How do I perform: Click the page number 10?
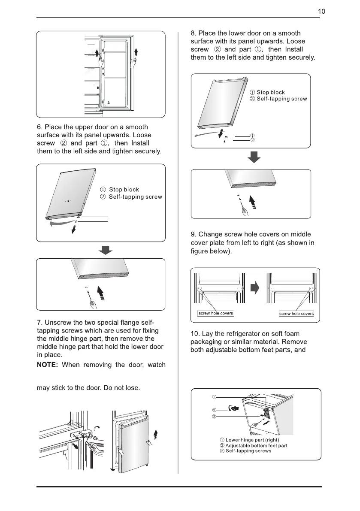tap(321, 12)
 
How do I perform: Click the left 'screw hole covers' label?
tap(215, 313)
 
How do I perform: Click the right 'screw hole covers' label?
tap(296, 314)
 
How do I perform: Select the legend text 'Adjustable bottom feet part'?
tap(257, 445)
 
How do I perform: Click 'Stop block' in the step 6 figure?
tap(124, 190)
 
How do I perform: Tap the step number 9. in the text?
tap(194, 234)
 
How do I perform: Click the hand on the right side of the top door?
tap(135, 65)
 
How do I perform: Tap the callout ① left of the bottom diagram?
tap(214, 396)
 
